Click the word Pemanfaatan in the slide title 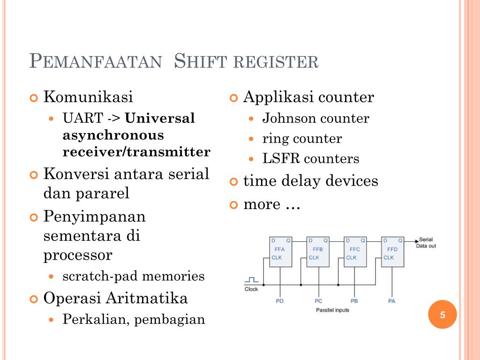click(95, 62)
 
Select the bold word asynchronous click(113, 135)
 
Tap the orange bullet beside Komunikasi click(33, 98)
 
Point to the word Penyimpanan click(94, 217)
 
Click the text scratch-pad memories click(134, 276)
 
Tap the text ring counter click(302, 139)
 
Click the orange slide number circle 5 click(442, 315)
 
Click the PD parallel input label click(280, 301)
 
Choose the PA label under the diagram click(392, 301)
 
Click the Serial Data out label click(426, 242)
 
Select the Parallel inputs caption click(332, 310)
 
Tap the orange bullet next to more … click(233, 205)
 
